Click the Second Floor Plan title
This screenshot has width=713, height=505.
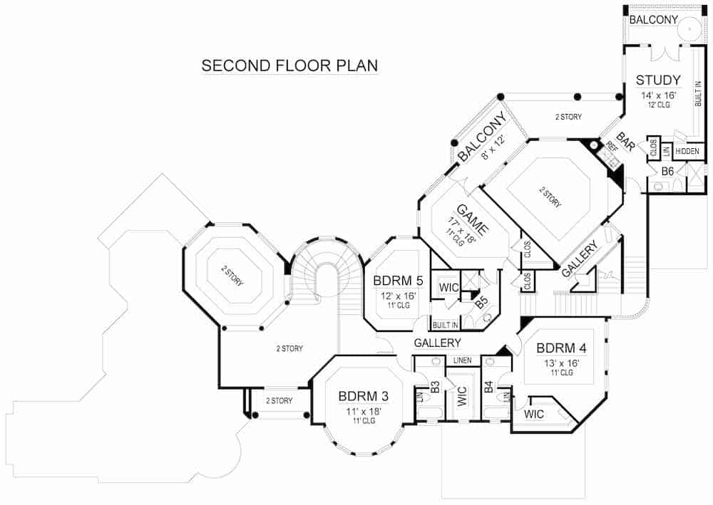click(289, 66)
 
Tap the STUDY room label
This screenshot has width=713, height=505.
click(657, 80)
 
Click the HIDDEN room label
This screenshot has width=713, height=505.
click(687, 151)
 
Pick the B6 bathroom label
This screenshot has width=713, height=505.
click(667, 171)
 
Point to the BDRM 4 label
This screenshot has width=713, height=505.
click(561, 348)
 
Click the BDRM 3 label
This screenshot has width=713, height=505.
click(363, 396)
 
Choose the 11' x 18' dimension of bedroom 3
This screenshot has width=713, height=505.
click(363, 411)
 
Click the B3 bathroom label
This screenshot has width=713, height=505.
click(434, 388)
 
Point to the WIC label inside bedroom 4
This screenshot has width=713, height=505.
click(534, 414)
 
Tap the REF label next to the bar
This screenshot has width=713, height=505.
click(610, 148)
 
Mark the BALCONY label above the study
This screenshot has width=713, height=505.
click(652, 20)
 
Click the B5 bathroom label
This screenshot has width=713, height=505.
click(482, 302)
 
